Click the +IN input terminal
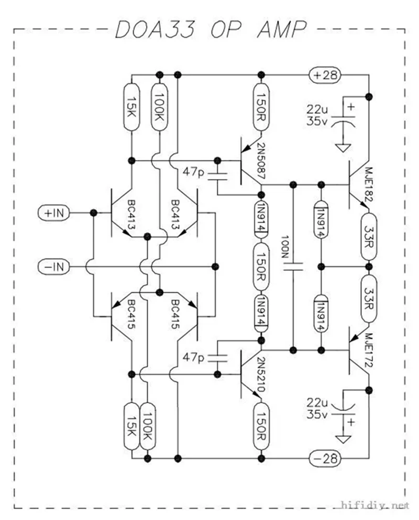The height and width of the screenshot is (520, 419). [54, 213]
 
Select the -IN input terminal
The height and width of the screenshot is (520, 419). [54, 267]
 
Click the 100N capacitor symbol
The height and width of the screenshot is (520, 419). [293, 267]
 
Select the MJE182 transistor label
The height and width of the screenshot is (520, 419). [369, 184]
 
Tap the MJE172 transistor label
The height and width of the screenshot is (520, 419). [369, 350]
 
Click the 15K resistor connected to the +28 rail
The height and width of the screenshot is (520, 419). [131, 107]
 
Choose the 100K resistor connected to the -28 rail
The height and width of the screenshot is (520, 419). [148, 426]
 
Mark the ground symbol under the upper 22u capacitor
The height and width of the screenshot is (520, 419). [343, 148]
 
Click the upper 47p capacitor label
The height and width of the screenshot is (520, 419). [193, 172]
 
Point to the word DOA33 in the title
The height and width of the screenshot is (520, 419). [155, 29]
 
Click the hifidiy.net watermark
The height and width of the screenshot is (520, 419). [375, 505]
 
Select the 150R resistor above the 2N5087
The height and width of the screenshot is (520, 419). [261, 107]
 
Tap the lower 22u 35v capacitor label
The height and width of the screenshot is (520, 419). [317, 408]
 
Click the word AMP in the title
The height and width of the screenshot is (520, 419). [282, 29]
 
